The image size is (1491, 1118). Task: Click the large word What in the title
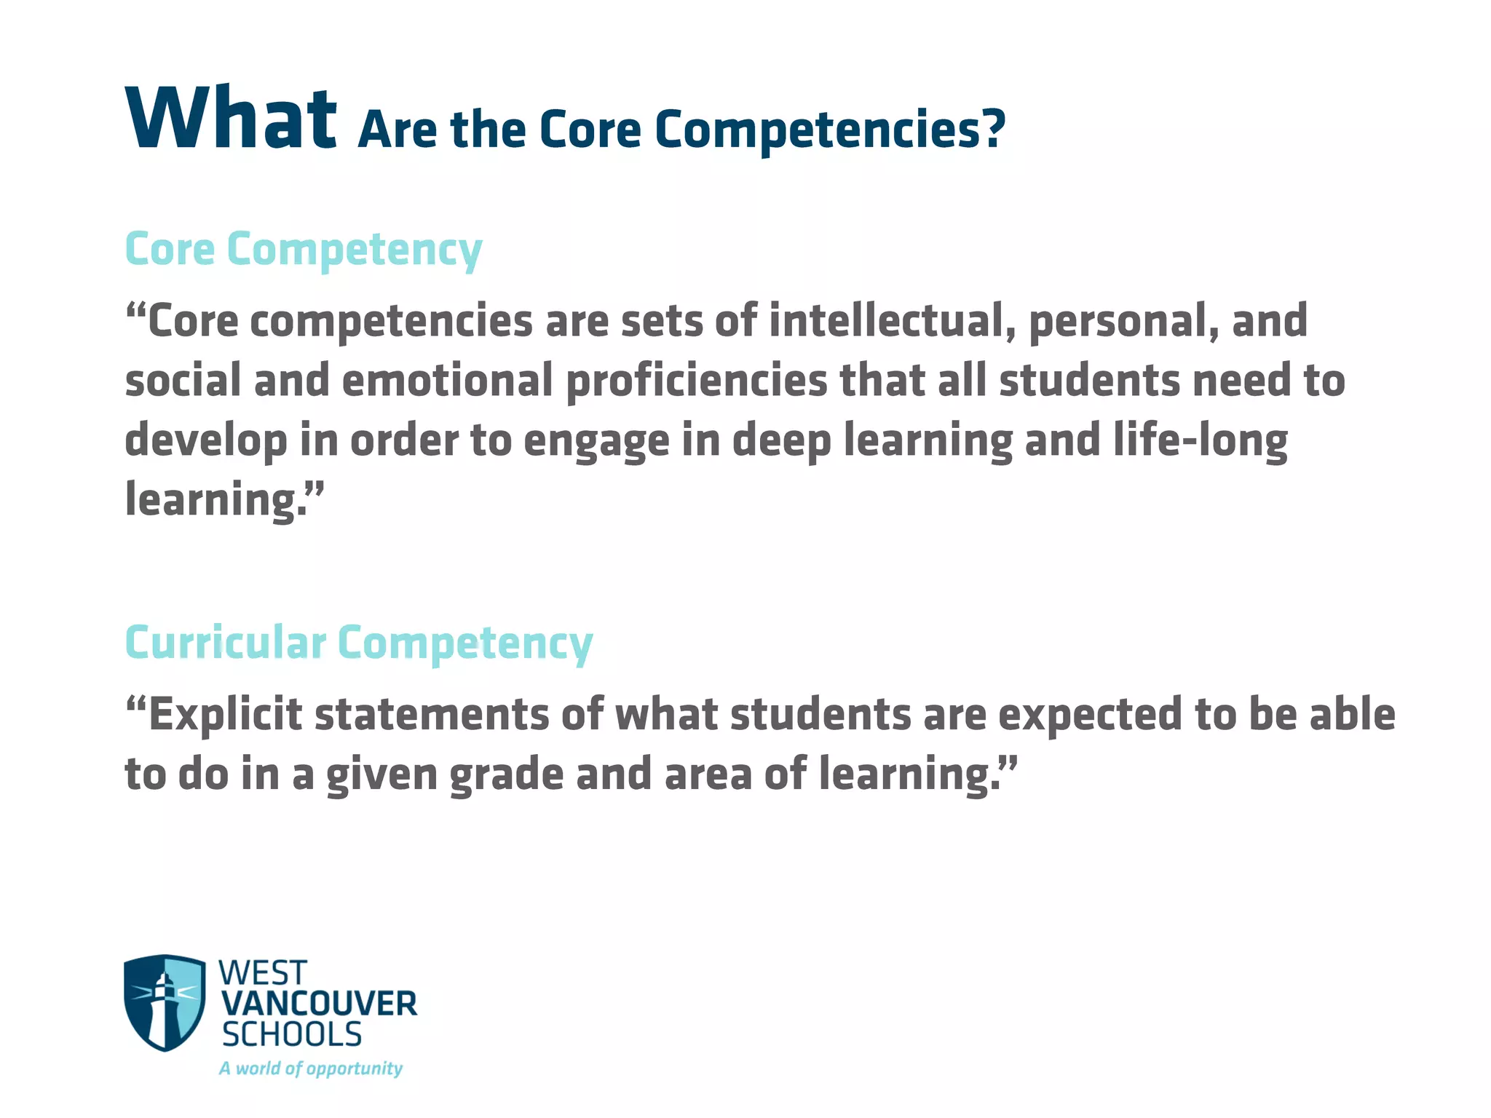click(x=231, y=118)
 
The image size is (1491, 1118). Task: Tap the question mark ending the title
click(x=992, y=130)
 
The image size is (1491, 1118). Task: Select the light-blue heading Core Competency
click(x=303, y=250)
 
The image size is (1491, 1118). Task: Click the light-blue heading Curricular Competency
click(x=358, y=643)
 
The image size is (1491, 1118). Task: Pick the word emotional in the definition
click(x=447, y=381)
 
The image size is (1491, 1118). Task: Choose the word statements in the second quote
click(x=432, y=715)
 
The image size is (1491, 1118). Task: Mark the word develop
click(x=205, y=441)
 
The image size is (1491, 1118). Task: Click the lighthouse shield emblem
click(x=165, y=1002)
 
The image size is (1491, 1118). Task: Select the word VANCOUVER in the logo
click(x=319, y=1004)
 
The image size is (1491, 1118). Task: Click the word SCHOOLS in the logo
click(x=292, y=1035)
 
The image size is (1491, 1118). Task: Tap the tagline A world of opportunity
click(x=311, y=1069)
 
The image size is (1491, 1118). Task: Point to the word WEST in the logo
click(x=263, y=973)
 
